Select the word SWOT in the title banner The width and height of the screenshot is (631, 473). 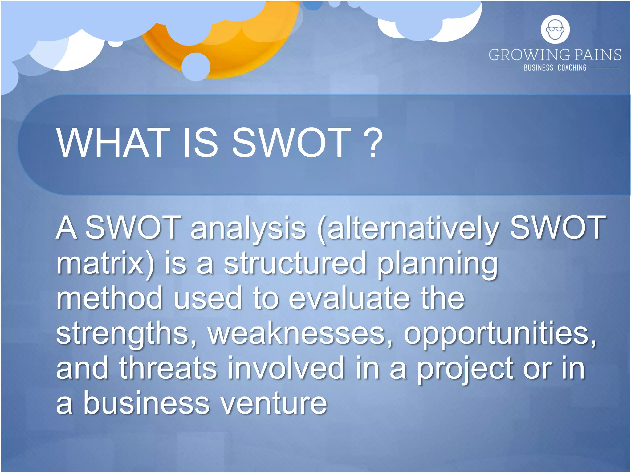[x=291, y=143]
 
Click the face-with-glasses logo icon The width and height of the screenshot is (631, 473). [x=555, y=30]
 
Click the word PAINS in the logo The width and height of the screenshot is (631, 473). [x=598, y=55]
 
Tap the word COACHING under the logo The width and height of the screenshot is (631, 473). [x=572, y=68]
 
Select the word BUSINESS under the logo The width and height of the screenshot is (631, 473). [x=538, y=68]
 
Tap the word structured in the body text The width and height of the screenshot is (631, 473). [x=294, y=263]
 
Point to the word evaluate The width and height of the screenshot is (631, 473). [x=349, y=298]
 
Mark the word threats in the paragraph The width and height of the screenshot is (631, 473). [x=168, y=368]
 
